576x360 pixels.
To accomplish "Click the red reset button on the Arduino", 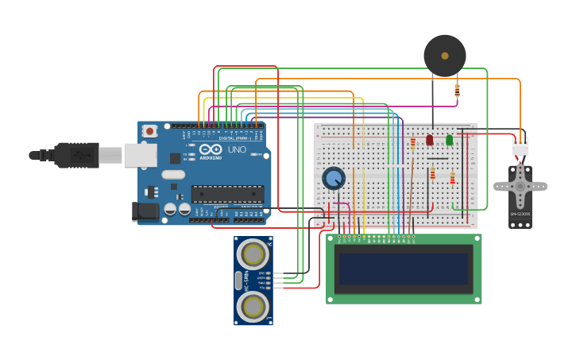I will click(150, 130).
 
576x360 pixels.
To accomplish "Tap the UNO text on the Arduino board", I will click(237, 149).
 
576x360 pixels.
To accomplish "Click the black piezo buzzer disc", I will click(444, 56).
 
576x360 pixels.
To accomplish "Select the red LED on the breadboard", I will click(430, 140).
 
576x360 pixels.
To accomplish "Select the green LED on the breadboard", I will click(449, 140).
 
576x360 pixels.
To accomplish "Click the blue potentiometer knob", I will click(334, 178).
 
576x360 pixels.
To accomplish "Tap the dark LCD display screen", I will click(403, 269).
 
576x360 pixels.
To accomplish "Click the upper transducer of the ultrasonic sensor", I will click(253, 254).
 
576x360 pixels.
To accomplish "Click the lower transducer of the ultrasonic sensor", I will click(253, 305).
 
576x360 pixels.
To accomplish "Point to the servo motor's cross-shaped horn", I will click(520, 186).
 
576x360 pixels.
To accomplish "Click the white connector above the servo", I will click(520, 148).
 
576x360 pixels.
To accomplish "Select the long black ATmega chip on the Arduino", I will click(227, 193).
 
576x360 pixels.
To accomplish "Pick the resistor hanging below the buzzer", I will click(457, 91).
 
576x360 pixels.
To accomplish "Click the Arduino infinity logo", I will click(211, 149).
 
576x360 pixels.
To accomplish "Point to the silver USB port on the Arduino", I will click(140, 155).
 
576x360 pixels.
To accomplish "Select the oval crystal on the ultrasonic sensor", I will click(238, 280).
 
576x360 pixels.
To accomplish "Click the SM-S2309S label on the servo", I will click(520, 214).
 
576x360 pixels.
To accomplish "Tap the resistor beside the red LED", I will click(413, 143).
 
